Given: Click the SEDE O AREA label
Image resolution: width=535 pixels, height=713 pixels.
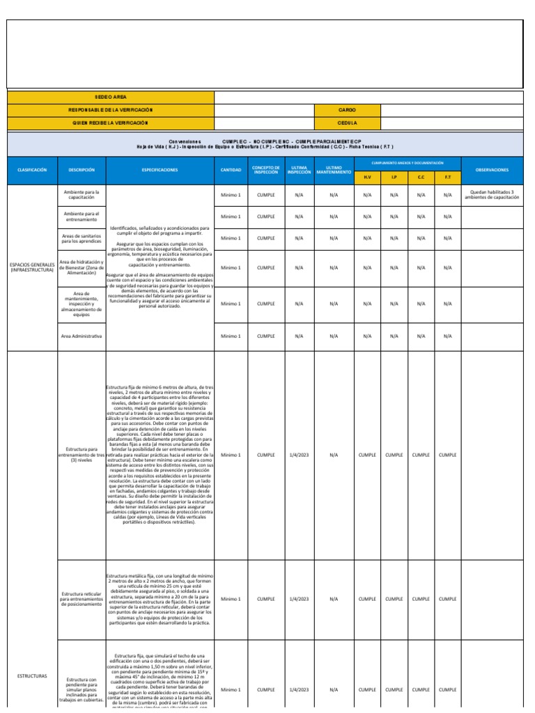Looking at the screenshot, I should [x=111, y=97].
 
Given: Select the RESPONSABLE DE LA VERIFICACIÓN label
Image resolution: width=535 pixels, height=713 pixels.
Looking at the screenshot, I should [x=111, y=110].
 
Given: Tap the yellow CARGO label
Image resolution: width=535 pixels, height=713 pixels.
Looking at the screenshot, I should [x=347, y=110].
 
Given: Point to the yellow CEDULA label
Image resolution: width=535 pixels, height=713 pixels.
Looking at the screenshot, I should [x=347, y=123].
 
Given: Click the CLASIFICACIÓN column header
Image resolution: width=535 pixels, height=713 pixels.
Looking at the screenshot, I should [x=32, y=170].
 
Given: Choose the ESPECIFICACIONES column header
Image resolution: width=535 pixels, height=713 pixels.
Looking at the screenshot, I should [x=160, y=170].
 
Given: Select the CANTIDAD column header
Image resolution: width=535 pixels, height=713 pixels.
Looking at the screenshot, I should [x=231, y=170].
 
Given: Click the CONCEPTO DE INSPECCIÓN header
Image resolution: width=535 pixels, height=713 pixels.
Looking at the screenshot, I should [x=265, y=170].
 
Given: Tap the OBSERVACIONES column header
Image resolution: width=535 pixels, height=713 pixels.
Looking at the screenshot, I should [x=492, y=170].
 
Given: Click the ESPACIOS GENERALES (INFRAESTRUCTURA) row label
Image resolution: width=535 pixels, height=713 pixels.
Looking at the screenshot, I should [x=32, y=267].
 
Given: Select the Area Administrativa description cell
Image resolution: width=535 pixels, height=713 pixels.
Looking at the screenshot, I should [x=82, y=336].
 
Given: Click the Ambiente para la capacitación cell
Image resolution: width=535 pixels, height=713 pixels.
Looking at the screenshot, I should [x=82, y=195].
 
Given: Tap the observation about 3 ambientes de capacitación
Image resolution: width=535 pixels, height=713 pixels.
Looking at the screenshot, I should [x=492, y=195].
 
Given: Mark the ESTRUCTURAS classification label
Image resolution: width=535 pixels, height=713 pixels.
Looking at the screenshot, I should [x=32, y=676].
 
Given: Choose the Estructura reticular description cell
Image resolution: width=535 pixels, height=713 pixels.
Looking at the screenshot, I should [x=82, y=599].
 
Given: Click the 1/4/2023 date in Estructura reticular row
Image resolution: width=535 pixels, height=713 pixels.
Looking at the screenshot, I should [x=299, y=599].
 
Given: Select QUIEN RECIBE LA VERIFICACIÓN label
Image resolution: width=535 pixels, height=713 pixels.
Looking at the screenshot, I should [x=111, y=123].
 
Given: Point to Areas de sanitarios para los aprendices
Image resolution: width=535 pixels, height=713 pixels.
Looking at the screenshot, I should [x=82, y=238].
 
